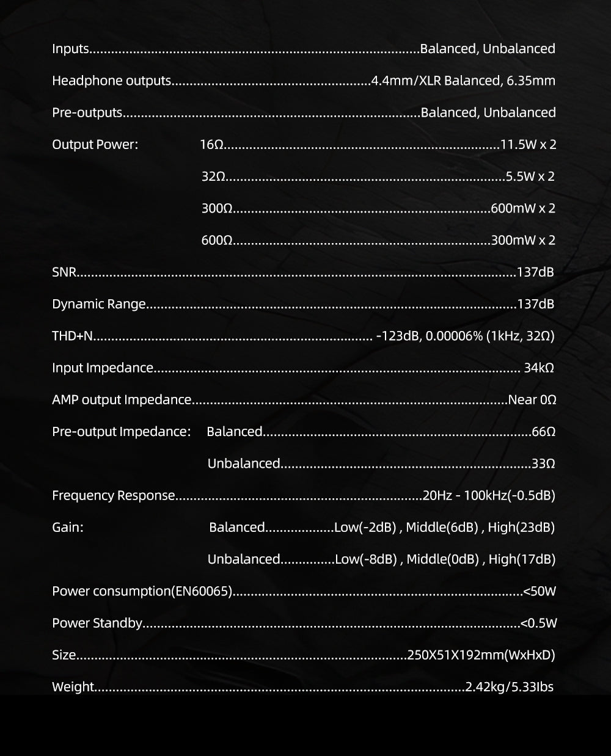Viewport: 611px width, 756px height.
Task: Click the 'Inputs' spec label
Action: tap(70, 49)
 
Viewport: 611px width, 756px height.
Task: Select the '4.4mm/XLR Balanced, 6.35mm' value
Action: tap(464, 81)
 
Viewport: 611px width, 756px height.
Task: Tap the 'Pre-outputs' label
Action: tap(87, 113)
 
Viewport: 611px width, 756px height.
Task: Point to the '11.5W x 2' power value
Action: tap(528, 145)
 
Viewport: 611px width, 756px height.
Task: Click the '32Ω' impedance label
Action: tap(213, 176)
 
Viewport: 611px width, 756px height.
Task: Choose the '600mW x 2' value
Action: tap(523, 208)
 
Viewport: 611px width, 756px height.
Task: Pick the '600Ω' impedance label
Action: tap(216, 240)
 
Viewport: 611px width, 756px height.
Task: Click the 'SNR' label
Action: tap(64, 272)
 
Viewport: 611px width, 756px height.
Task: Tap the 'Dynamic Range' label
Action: tap(99, 304)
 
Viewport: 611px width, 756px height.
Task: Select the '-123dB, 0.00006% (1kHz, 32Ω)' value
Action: tap(466, 336)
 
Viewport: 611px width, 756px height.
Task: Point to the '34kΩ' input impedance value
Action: tap(539, 368)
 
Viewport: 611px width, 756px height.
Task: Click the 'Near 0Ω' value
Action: tap(532, 400)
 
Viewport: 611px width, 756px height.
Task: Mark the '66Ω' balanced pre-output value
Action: tap(543, 432)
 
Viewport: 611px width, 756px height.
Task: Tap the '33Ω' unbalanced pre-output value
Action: tap(543, 463)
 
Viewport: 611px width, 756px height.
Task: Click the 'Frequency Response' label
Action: tap(114, 495)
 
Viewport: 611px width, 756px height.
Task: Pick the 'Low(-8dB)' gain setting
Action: tap(366, 559)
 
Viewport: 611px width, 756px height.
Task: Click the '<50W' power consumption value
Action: tap(540, 591)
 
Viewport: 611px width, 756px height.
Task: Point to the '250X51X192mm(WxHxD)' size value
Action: tap(481, 655)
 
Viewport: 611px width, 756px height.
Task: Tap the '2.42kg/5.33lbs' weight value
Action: tap(510, 687)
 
